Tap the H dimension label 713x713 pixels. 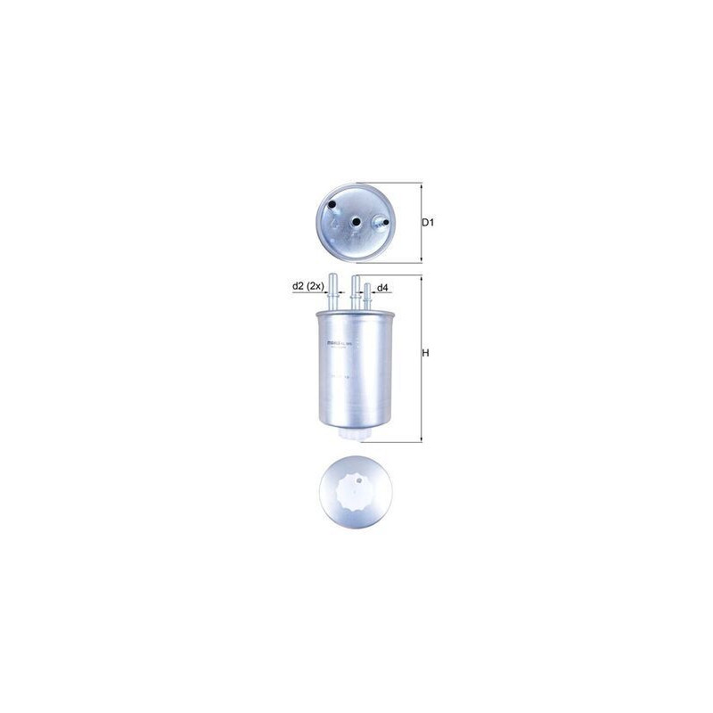pos(426,353)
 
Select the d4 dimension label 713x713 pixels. pos(381,288)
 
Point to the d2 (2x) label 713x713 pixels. pos(307,287)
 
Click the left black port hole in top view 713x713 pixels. pos(332,207)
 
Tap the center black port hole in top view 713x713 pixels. pos(355,223)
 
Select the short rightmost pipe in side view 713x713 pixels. pos(366,298)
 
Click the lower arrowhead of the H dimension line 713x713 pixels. pos(420,439)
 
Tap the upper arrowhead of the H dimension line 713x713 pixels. pos(420,277)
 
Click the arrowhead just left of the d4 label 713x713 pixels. pos(372,288)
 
